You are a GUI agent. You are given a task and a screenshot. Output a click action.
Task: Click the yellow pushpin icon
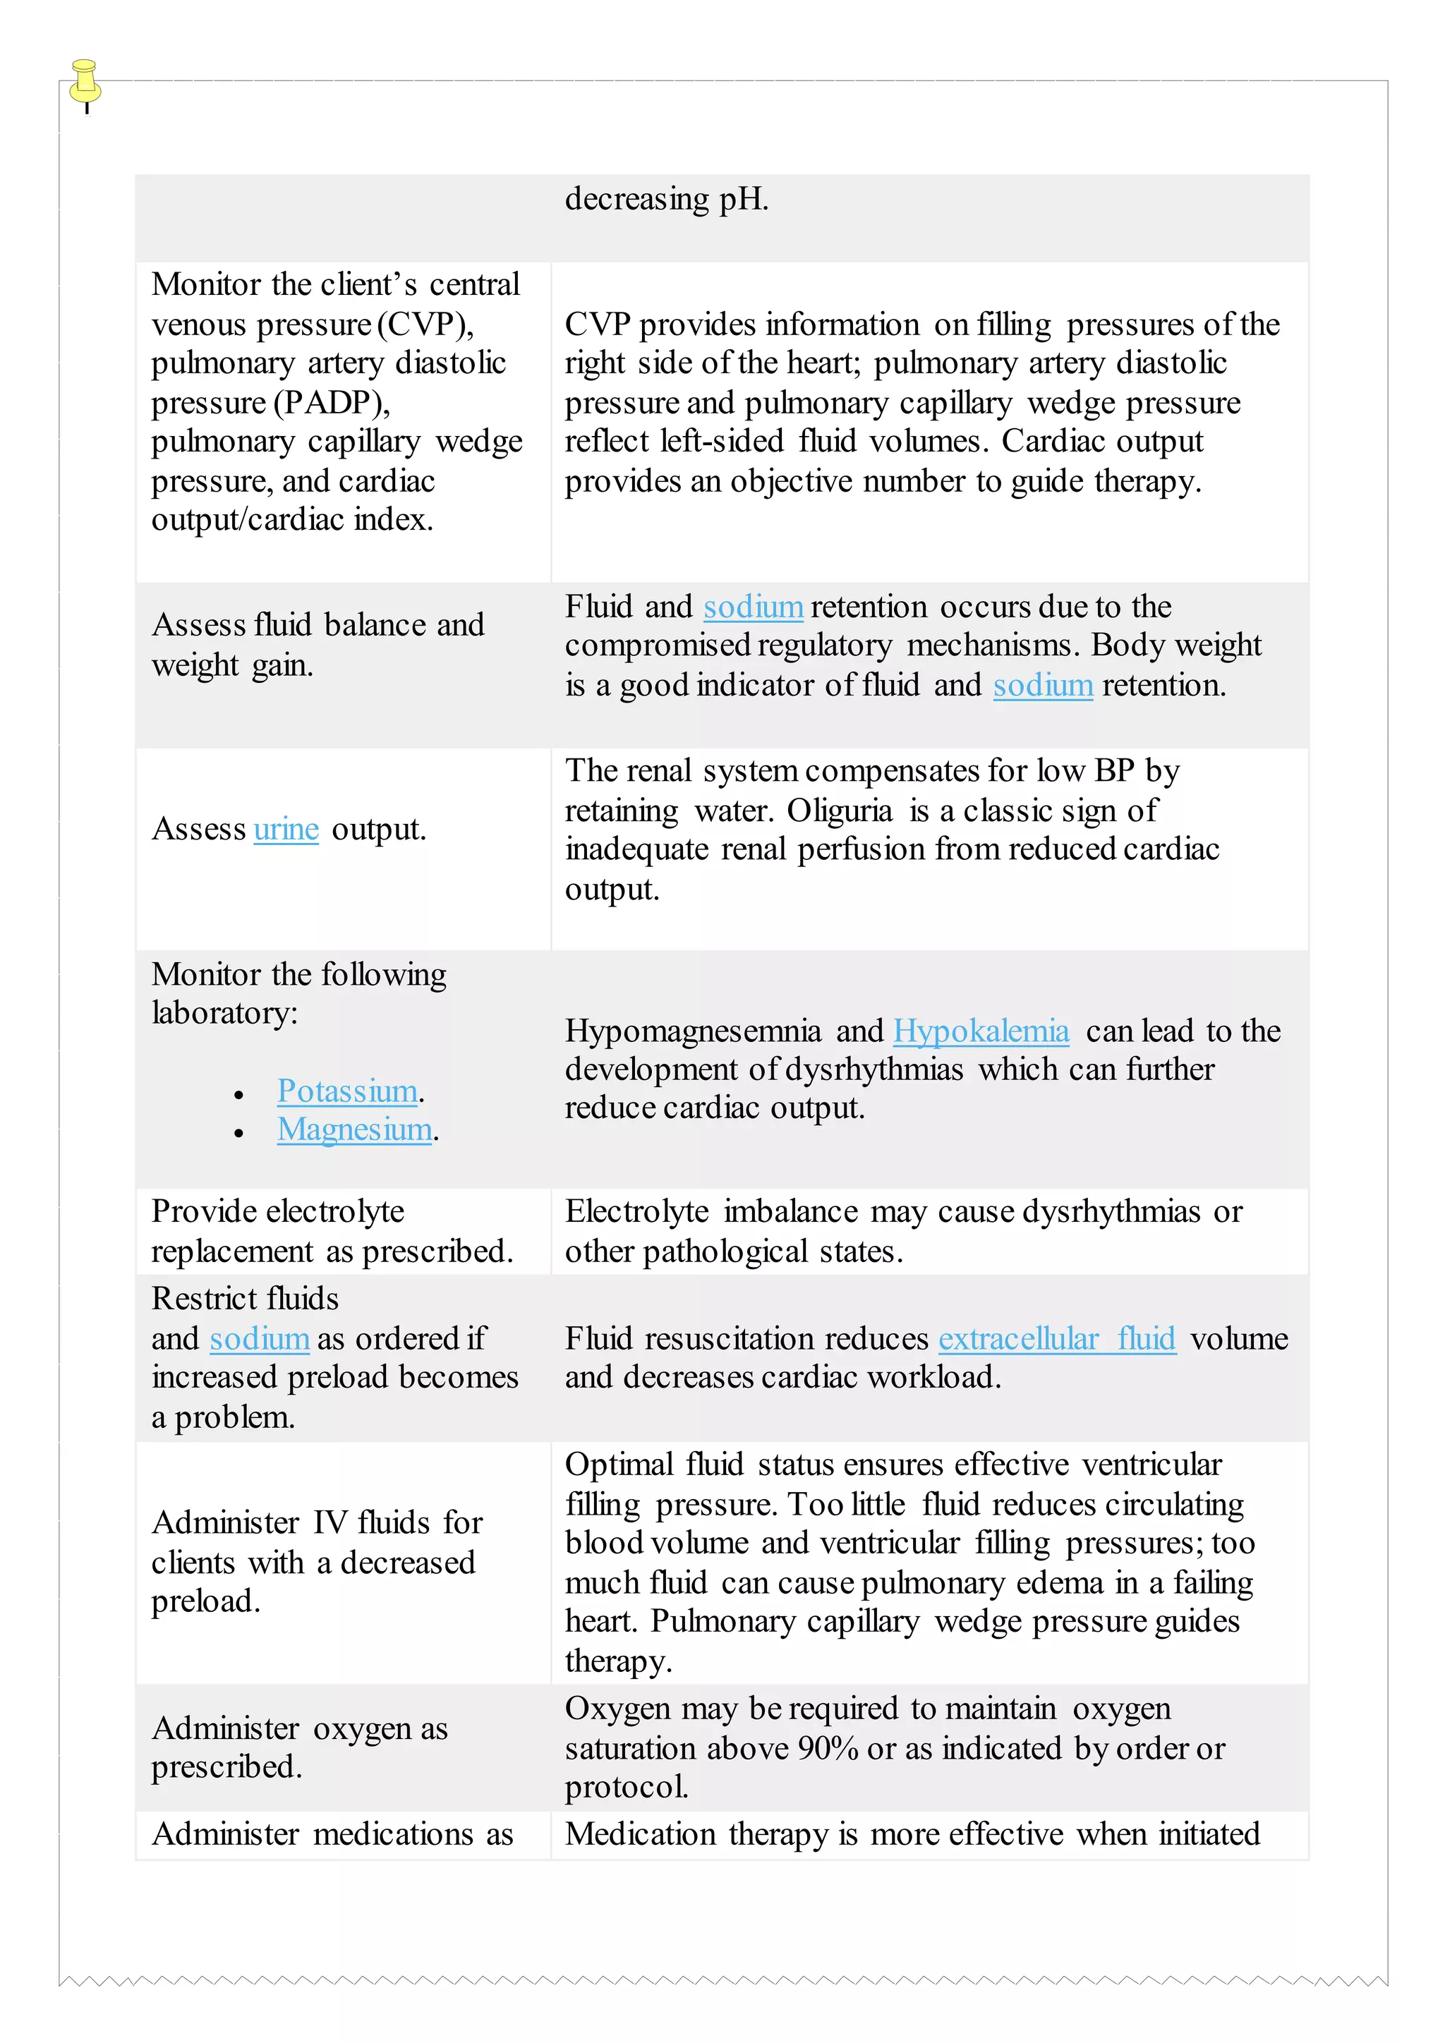85,82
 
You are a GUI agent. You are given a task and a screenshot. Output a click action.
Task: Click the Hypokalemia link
981,1031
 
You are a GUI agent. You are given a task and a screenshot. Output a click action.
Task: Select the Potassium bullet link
347,1091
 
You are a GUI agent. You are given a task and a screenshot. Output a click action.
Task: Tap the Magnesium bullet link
354,1130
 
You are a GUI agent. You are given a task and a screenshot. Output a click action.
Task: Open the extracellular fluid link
1057,1339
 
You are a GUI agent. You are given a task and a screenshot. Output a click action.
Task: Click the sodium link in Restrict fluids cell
260,1339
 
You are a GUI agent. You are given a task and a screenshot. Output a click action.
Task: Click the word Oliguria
839,811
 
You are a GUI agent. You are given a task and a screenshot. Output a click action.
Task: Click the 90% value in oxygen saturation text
828,1750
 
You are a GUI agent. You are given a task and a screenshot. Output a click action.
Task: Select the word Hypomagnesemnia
692,1031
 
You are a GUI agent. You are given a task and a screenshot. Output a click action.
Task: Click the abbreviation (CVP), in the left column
425,325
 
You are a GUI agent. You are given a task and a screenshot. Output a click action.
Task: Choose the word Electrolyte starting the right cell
636,1212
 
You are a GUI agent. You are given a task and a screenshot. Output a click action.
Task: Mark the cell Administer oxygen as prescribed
299,1747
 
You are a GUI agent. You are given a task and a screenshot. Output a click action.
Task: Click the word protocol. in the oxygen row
627,1788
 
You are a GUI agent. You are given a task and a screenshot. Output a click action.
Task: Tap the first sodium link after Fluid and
753,607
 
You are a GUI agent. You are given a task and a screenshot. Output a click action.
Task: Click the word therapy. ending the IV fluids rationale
618,1661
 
